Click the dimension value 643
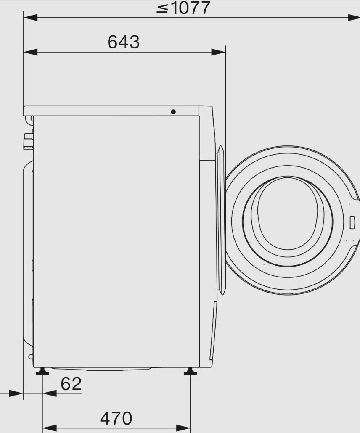124,42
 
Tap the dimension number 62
71,383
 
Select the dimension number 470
116,418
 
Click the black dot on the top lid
173,112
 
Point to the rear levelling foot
42,372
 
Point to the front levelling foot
191,372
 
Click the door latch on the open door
352,222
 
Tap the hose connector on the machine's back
28,141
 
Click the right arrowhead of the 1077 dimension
353,18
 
